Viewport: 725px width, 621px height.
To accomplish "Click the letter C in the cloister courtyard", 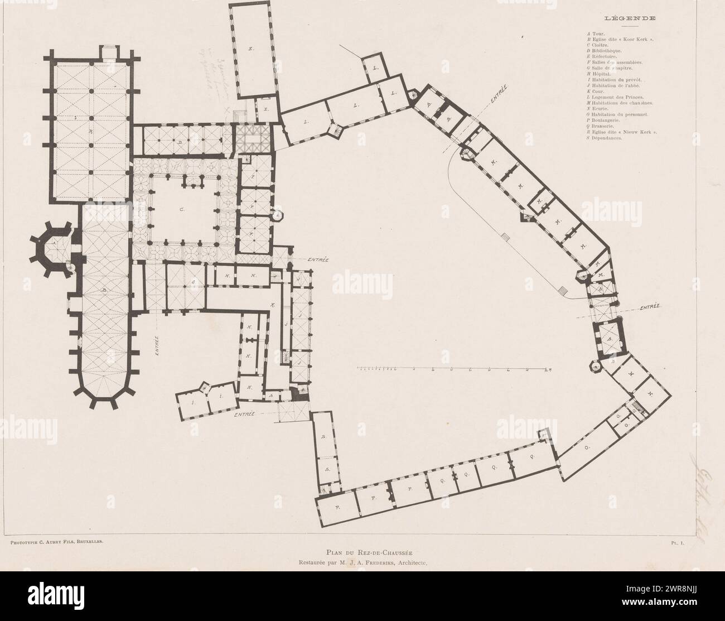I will click(x=181, y=210).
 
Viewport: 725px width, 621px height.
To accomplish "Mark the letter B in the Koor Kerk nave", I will click(x=105, y=291).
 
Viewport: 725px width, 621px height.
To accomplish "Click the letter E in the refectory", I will click(x=251, y=50).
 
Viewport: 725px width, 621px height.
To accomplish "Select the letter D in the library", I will click(x=180, y=143).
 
